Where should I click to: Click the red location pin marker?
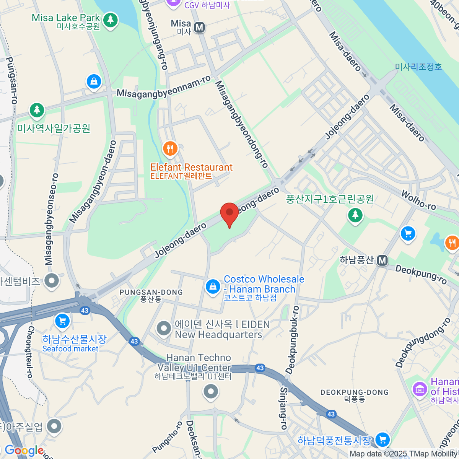click(229, 213)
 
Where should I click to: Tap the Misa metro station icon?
click(199, 28)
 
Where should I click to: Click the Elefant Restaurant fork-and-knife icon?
click(170, 148)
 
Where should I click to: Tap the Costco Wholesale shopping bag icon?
click(213, 286)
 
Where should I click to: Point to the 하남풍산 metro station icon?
click(382, 261)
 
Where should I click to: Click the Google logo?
click(24, 451)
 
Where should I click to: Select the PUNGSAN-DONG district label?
click(151, 293)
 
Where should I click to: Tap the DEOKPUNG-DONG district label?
click(355, 392)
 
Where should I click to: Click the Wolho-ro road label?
click(418, 200)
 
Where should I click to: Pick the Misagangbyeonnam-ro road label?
click(163, 87)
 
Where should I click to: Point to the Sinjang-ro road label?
click(283, 408)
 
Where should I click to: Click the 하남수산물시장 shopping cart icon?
click(62, 321)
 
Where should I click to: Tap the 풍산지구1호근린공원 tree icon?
click(355, 215)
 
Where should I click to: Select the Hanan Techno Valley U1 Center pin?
click(210, 391)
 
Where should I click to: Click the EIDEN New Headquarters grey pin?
click(164, 328)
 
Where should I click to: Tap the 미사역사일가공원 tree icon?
click(37, 110)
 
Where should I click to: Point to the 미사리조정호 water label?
click(418, 67)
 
